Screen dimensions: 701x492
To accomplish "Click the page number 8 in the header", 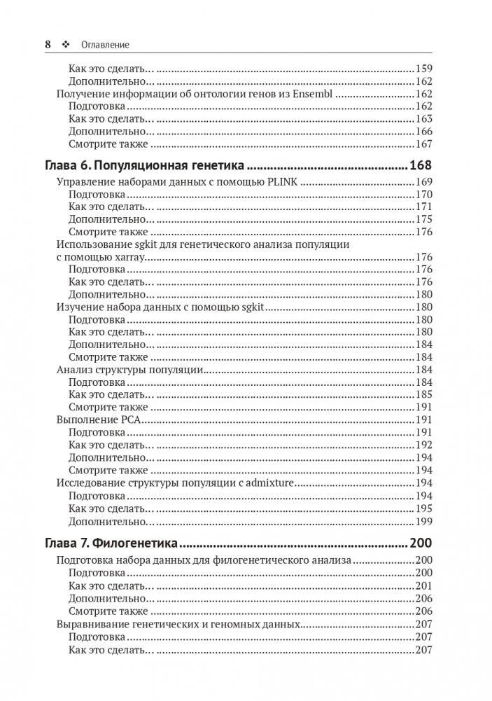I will [x=48, y=44].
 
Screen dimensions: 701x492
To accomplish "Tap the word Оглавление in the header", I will [x=105, y=45].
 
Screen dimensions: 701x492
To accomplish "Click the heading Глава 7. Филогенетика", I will [x=112, y=543].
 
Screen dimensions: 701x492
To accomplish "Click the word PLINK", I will [x=284, y=182].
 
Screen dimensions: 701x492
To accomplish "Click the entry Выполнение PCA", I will [x=99, y=419].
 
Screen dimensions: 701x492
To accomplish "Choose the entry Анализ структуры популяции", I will [x=129, y=370].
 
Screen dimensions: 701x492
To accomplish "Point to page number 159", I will [x=424, y=69].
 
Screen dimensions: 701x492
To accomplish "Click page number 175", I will [x=424, y=219].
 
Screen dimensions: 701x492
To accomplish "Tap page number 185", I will [x=424, y=394].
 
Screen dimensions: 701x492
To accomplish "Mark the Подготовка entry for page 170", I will [x=97, y=194].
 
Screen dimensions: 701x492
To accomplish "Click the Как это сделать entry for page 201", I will [x=111, y=585].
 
